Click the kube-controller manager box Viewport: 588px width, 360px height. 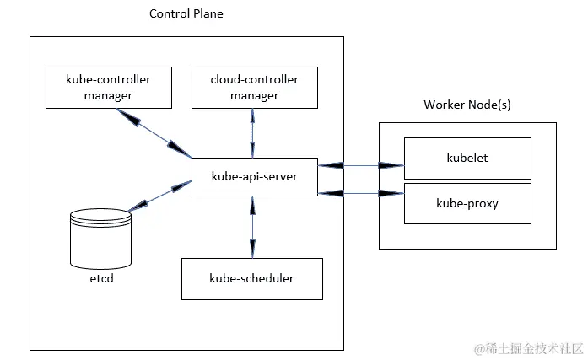click(x=108, y=88)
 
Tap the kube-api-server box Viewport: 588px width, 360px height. click(x=254, y=177)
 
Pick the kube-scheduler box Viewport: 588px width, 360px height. click(x=252, y=278)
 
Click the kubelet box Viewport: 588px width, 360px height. click(x=467, y=158)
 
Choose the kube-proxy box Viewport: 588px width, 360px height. click(x=467, y=202)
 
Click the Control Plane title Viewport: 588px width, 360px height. click(x=186, y=13)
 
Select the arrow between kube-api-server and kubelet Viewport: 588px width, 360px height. click(x=360, y=164)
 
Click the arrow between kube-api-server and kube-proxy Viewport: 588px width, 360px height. click(x=360, y=194)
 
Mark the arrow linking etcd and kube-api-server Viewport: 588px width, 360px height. click(x=159, y=195)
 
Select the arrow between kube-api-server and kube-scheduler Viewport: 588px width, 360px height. click(x=251, y=227)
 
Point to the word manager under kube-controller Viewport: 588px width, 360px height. click(x=108, y=95)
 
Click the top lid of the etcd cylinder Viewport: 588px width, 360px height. click(x=100, y=217)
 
